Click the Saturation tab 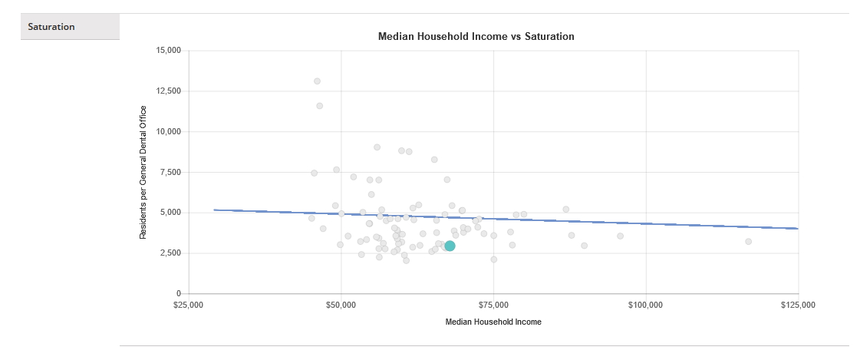[51, 27]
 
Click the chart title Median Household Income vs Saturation [476, 36]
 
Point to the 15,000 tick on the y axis [167, 51]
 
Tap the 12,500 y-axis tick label [167, 91]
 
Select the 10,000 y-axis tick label [167, 132]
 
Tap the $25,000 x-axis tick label [189, 305]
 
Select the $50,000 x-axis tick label [341, 305]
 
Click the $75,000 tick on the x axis [493, 305]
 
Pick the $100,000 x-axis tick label [646, 305]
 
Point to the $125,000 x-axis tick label [798, 305]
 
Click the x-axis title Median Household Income [493, 322]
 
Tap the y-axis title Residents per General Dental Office [143, 172]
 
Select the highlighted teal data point [450, 246]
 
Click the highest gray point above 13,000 [317, 81]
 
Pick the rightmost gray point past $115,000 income [748, 242]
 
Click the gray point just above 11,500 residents [319, 106]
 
